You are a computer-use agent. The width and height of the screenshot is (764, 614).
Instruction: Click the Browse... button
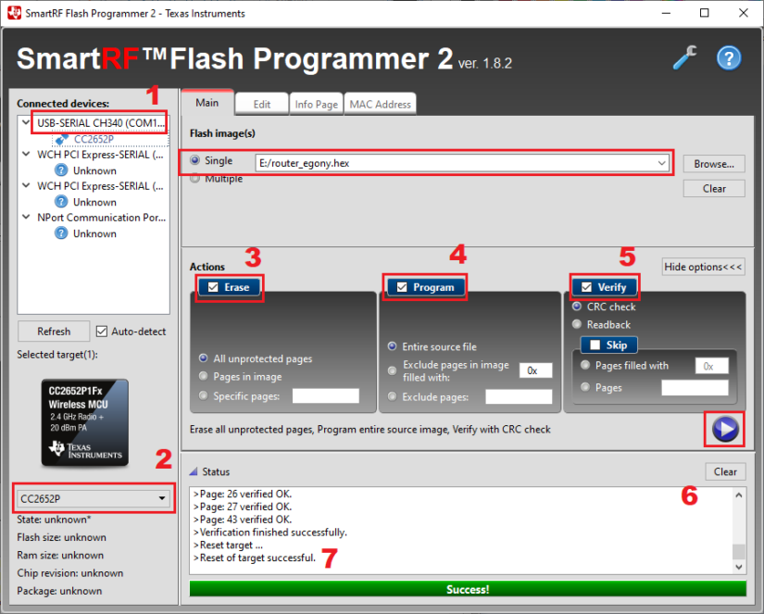click(714, 163)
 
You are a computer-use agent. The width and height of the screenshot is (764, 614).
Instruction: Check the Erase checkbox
click(214, 287)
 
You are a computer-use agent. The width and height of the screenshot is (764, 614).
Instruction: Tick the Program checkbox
click(402, 287)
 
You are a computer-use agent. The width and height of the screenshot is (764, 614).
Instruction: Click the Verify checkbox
click(587, 287)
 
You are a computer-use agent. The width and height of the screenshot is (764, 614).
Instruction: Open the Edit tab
click(262, 105)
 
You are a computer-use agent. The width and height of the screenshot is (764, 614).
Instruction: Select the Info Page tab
click(316, 105)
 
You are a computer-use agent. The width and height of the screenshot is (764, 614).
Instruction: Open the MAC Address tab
click(380, 105)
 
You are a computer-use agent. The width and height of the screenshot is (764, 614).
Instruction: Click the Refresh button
click(54, 331)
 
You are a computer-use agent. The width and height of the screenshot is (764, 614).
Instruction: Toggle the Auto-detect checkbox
click(102, 331)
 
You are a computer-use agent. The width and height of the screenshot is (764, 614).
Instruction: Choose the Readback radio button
click(578, 324)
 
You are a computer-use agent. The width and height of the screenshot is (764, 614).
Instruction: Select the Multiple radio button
click(194, 179)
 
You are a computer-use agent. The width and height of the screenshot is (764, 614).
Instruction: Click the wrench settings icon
click(684, 58)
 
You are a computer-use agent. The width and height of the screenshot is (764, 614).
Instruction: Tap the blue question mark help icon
click(729, 58)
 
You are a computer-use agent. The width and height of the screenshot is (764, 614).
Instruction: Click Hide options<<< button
click(703, 267)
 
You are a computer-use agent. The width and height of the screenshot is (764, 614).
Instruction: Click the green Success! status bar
click(467, 589)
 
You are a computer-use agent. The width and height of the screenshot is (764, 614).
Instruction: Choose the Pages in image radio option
click(205, 377)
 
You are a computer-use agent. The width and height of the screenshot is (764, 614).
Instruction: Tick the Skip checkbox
click(595, 345)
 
